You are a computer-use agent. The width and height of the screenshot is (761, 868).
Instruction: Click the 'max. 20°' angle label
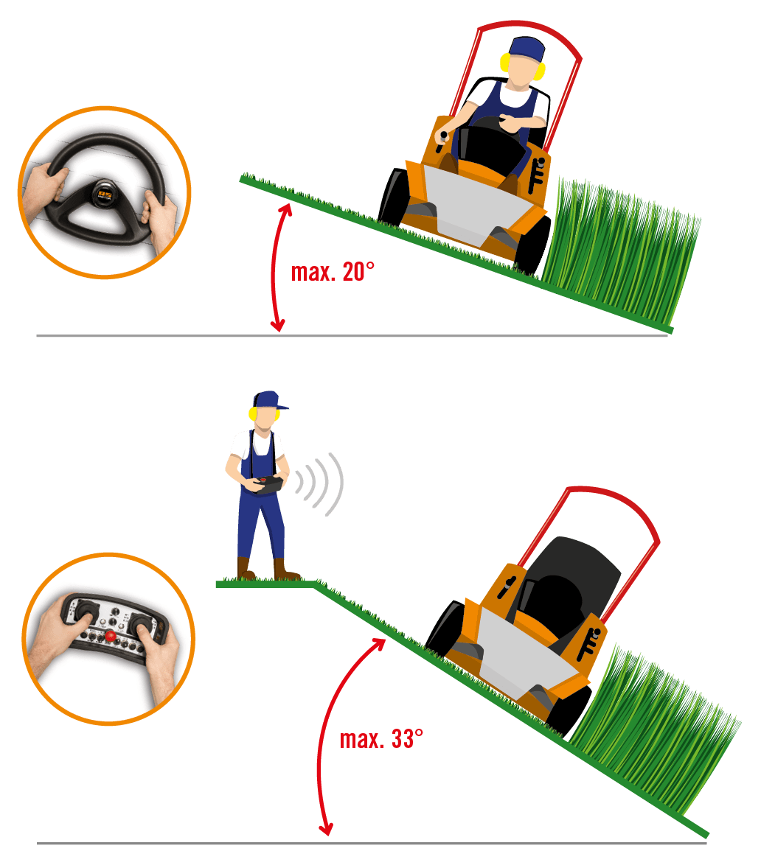[333, 272]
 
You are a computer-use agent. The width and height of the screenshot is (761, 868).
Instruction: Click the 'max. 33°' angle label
[381, 739]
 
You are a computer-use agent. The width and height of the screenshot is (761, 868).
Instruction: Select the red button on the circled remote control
[111, 636]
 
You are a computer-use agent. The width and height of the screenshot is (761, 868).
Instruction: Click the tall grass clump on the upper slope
[619, 249]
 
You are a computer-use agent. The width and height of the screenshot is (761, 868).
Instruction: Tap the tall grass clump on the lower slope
[653, 731]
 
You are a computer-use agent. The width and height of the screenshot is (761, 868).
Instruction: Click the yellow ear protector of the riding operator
[505, 62]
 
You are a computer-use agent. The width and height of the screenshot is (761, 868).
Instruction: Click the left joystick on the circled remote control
[86, 611]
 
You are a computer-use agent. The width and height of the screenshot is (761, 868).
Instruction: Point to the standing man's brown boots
[268, 569]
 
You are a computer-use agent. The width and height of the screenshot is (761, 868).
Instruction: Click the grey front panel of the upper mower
[473, 206]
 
